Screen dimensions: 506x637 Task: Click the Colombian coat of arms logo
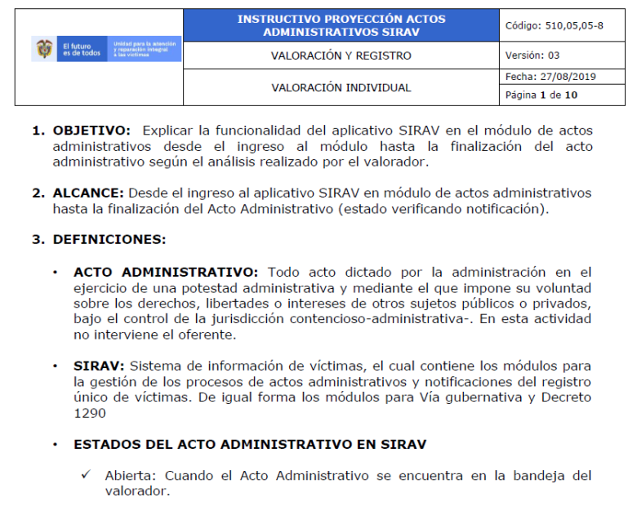point(43,49)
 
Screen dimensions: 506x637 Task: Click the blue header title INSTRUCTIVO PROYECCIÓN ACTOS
point(341,18)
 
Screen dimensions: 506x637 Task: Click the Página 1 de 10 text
point(541,95)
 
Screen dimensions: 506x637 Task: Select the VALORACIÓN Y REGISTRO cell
point(341,55)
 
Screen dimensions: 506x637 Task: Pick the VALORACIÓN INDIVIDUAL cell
point(341,87)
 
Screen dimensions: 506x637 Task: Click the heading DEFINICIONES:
point(109,240)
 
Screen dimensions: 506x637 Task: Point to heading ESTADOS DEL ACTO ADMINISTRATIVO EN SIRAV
point(249,444)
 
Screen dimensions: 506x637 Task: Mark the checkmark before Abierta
point(85,475)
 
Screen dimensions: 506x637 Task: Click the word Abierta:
point(129,475)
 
